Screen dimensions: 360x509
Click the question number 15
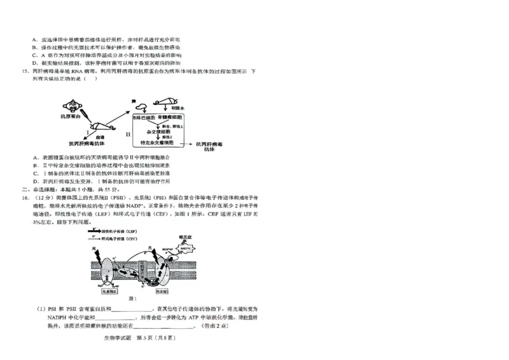pos(25,71)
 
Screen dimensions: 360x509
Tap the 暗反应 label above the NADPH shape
pos(185,235)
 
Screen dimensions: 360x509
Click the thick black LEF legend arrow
pos(94,231)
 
